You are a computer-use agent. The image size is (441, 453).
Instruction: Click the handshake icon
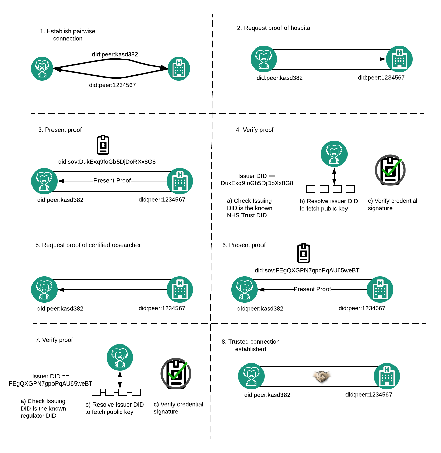pyautogui.click(x=321, y=376)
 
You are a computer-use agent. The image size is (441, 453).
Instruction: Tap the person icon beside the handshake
pyautogui.click(x=251, y=376)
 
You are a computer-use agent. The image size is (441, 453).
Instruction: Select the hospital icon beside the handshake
pyautogui.click(x=387, y=376)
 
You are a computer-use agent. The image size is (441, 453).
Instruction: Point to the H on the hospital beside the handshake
pyautogui.click(x=387, y=369)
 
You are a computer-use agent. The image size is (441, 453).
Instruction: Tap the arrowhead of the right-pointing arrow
pyautogui.click(x=383, y=59)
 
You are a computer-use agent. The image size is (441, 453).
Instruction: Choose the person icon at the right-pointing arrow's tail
pyautogui.click(x=264, y=59)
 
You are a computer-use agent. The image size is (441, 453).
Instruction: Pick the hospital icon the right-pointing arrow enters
pyautogui.click(x=399, y=59)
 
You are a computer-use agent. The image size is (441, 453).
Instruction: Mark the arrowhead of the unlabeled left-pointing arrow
pyautogui.click(x=61, y=290)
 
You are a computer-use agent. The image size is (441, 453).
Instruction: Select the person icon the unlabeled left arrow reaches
pyautogui.click(x=44, y=290)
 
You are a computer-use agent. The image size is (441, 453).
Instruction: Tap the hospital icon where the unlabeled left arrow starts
pyautogui.click(x=180, y=290)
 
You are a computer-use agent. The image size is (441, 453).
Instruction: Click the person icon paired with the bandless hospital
pyautogui.click(x=42, y=69)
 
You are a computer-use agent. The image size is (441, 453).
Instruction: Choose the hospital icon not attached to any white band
pyautogui.click(x=179, y=69)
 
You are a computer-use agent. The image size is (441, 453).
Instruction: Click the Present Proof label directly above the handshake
pyautogui.click(x=312, y=289)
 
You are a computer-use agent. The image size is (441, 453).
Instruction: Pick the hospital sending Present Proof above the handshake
pyautogui.click(x=380, y=290)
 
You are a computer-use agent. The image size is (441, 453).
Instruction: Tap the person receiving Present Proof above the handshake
pyautogui.click(x=245, y=290)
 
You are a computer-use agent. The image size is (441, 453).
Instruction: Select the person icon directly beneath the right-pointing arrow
pyautogui.click(x=334, y=154)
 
